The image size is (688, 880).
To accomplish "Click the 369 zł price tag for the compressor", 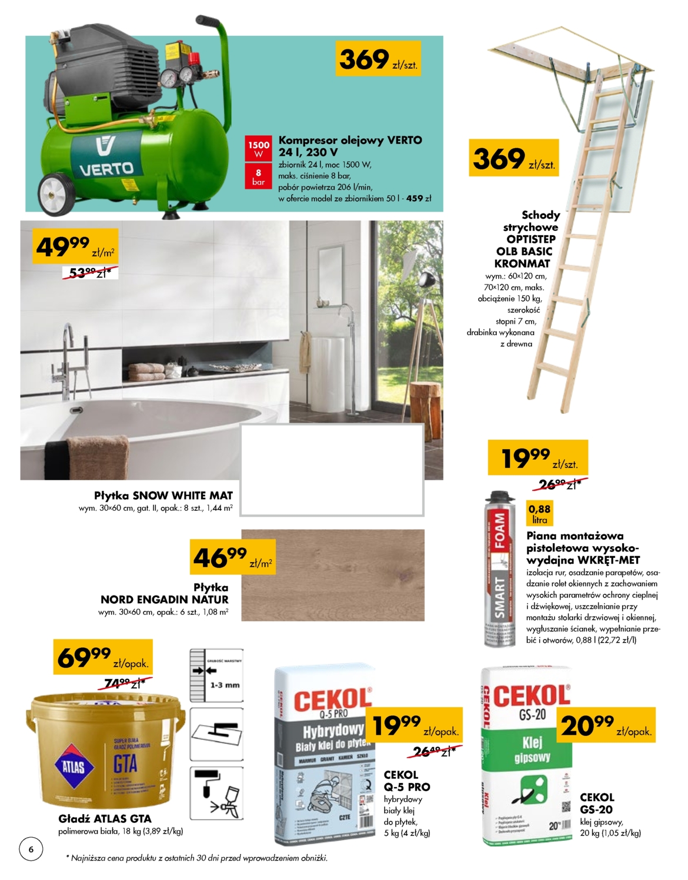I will coord(378,59).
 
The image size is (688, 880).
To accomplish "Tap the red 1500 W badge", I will coord(258,149).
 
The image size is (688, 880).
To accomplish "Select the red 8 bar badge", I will coord(258,177).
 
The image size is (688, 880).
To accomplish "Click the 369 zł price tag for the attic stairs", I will coord(513,158).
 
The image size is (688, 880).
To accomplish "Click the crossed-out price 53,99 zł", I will coord(90,273).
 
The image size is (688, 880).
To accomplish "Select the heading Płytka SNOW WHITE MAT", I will coord(163,496).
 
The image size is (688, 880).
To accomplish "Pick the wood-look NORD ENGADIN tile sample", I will coord(333,575).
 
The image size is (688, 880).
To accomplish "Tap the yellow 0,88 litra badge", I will coord(539,513).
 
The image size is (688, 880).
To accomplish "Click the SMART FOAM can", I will coord(499,570).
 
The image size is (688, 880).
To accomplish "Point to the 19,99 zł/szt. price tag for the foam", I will coord(537,457).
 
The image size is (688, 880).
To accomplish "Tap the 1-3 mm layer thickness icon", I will coord(216,675).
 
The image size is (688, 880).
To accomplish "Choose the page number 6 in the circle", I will coord(31,849).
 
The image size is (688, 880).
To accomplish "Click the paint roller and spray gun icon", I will coord(216,793).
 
